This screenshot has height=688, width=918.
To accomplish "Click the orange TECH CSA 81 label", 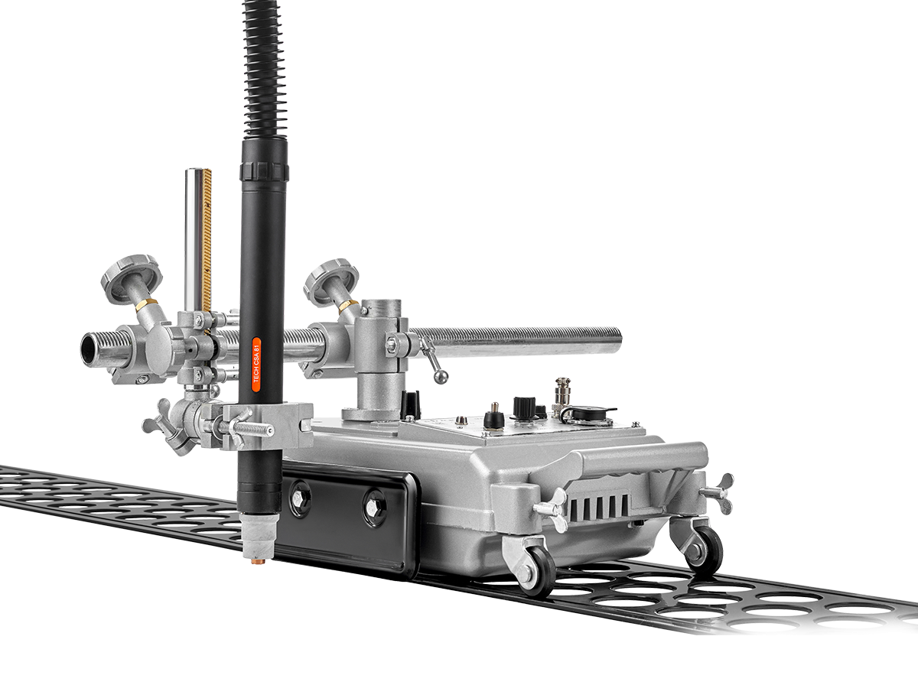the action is (256, 365).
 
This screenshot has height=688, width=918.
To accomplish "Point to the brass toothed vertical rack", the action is (207, 240).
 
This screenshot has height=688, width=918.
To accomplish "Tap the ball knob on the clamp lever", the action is (441, 377).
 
